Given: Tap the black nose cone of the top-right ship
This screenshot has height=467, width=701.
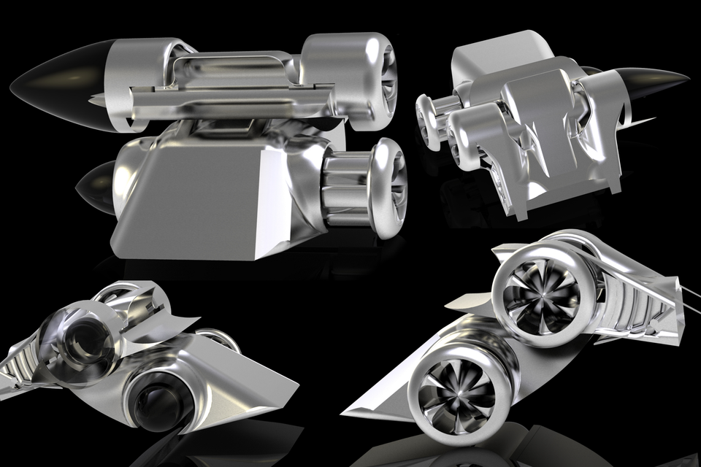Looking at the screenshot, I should click(x=654, y=82).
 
